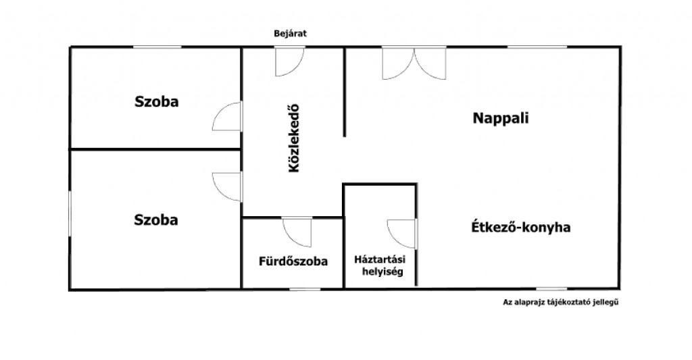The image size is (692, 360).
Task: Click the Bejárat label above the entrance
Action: pos(290,34)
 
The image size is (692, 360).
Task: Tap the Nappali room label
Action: pos(501,118)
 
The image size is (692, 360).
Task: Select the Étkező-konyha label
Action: pos(521,227)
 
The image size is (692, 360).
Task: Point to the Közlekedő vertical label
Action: pos(293,138)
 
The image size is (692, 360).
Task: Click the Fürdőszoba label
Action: pos(293,261)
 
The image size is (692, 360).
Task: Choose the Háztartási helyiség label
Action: pos(380,265)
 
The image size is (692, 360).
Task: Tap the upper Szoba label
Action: pos(157,101)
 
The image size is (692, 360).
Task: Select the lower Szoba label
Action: pos(156,220)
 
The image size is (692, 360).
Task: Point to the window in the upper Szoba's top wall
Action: pos(157,47)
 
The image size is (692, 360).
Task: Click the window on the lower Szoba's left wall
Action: pos(70,213)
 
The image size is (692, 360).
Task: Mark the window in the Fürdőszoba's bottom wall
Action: pos(305,289)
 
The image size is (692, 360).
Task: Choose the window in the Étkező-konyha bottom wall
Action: pos(551,289)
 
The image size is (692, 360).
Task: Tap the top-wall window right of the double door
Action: pos(537,47)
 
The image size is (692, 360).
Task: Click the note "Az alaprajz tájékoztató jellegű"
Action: pos(560,303)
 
